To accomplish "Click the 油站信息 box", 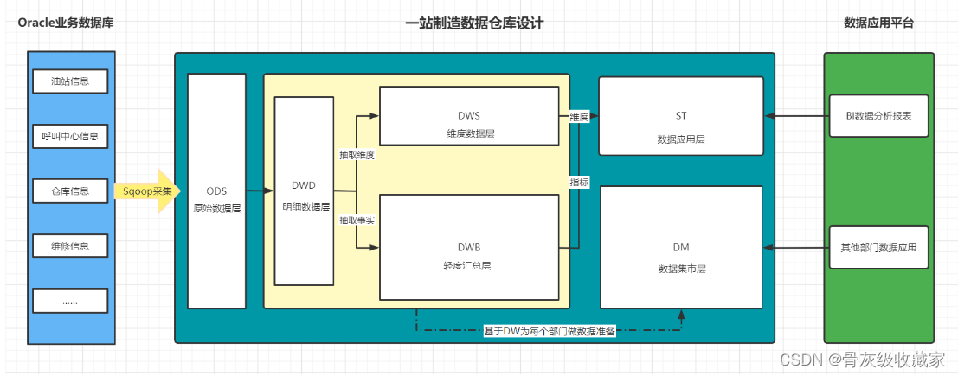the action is (x=70, y=81).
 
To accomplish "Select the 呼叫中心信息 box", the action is (x=70, y=136).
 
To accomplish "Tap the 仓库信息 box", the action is (x=70, y=191).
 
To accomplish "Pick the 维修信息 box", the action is (x=70, y=246).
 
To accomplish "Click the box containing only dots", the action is (x=70, y=301).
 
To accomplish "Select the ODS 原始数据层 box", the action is (x=217, y=191).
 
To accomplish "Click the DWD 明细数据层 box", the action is (x=305, y=191).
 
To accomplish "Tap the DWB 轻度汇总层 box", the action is (x=469, y=247).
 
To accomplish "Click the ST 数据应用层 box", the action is (x=680, y=115).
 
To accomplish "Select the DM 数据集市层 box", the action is (x=681, y=247).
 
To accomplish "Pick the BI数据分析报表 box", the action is (x=878, y=115).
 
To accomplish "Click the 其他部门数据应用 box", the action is (x=878, y=247).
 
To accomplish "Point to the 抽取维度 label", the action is (x=357, y=155).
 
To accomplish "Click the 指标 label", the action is (x=579, y=182).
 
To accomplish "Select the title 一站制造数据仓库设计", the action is (x=475, y=24).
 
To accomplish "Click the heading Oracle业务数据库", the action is (x=66, y=23).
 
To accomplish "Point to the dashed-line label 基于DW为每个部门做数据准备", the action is (x=550, y=332).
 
